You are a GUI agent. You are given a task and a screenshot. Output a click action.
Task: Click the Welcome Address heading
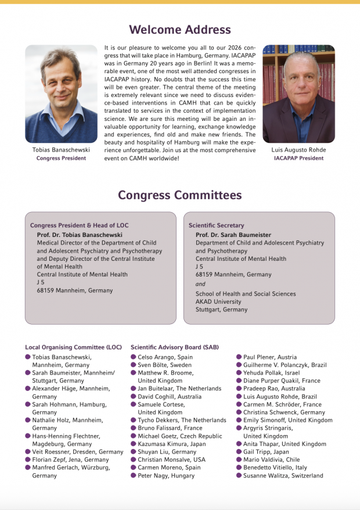179,30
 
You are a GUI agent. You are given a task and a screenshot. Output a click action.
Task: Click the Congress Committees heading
180,195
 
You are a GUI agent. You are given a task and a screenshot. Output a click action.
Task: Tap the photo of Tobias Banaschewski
61,94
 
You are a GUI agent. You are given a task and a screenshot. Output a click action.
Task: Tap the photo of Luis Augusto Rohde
298,94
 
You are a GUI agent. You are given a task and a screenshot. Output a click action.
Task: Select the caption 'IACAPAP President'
298,158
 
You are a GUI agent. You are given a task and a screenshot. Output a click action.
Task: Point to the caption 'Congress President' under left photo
61,158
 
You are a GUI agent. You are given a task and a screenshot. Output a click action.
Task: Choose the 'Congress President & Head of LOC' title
79,225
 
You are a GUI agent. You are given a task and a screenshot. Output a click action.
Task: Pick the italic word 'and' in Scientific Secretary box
200,284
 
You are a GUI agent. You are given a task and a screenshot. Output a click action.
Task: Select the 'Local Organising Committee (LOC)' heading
73,347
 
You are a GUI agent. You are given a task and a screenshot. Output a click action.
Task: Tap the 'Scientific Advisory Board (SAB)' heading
175,347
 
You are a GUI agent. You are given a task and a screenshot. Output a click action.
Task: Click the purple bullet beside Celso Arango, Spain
134,357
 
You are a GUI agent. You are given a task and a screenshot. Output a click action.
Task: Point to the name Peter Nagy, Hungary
165,476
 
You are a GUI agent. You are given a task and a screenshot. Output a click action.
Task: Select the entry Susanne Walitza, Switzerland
283,476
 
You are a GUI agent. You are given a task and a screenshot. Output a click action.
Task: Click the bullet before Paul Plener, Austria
239,357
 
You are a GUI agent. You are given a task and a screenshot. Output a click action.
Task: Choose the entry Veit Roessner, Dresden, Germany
78,452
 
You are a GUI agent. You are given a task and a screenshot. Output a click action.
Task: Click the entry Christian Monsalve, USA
171,460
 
